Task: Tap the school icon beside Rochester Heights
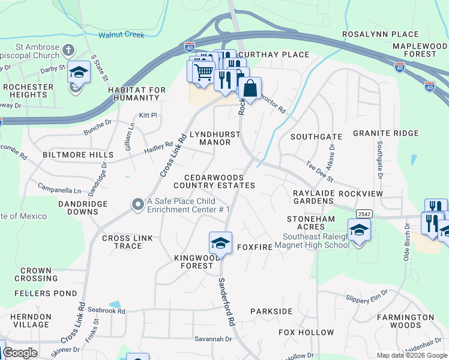[x=78, y=73]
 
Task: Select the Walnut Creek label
[x=122, y=35]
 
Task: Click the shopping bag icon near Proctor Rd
[x=250, y=89]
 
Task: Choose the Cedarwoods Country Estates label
[x=219, y=182]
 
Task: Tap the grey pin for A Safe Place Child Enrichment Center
[x=137, y=205]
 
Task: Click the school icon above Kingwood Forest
[x=220, y=243]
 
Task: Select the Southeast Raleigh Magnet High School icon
[x=359, y=230]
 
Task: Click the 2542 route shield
[x=364, y=214]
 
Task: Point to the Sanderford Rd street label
[x=226, y=302]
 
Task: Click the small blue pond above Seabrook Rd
[x=115, y=305]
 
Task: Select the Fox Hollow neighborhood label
[x=306, y=332]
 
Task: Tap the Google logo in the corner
[x=20, y=353]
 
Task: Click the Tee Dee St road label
[x=319, y=172]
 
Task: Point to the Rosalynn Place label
[x=380, y=35]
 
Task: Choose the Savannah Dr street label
[x=213, y=339]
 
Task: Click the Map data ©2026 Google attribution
[x=412, y=355]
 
